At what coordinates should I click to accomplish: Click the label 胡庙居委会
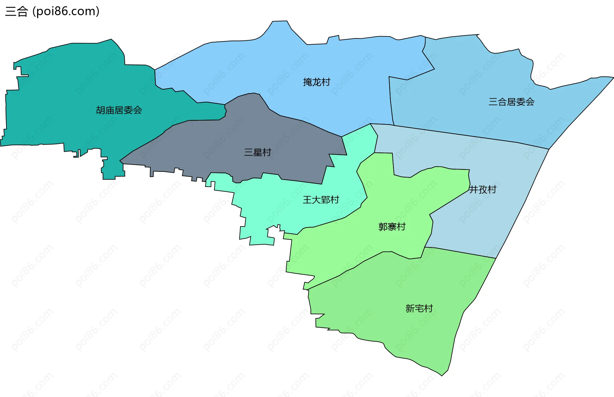119,110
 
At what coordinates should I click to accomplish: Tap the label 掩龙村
317,82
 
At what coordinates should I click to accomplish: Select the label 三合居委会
511,102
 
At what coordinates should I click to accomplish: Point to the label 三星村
257,152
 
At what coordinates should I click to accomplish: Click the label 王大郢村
321,200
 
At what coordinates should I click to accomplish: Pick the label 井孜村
483,190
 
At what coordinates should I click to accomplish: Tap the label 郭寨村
392,227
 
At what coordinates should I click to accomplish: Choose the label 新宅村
419,308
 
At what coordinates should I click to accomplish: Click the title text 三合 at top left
17,12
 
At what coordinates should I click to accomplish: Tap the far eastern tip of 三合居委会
613,77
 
